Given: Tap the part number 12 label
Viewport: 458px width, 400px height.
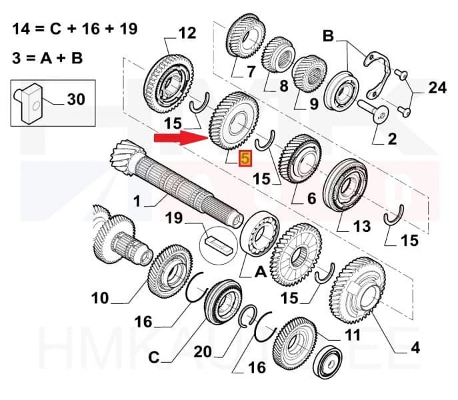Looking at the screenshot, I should (x=187, y=32).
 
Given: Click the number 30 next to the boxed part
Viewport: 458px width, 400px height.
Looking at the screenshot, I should (x=76, y=99).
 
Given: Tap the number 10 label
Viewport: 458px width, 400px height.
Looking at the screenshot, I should (x=99, y=297).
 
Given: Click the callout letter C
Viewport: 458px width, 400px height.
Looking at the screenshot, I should (x=154, y=357).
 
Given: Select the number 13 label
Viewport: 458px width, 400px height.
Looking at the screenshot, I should (x=361, y=227).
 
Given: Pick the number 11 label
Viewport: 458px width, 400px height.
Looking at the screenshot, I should (x=352, y=334).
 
